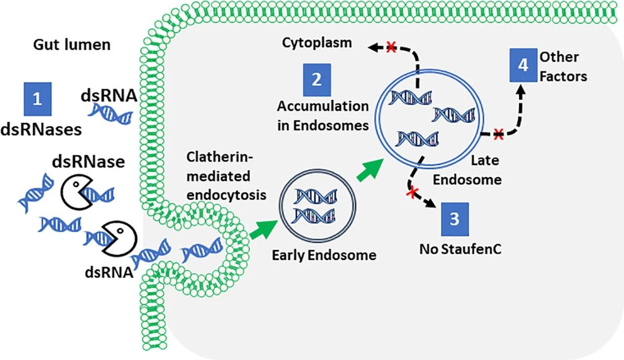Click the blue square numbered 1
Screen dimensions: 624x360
click(x=38, y=99)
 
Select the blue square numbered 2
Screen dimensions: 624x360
click(x=317, y=80)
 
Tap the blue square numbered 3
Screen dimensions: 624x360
click(x=455, y=220)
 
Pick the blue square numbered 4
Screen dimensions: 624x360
click(x=524, y=65)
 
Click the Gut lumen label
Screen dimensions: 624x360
click(x=72, y=44)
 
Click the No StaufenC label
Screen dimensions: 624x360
click(x=460, y=249)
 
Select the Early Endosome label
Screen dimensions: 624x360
click(x=324, y=255)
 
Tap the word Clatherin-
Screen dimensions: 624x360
click(x=219, y=157)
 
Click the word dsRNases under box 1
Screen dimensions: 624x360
click(x=41, y=130)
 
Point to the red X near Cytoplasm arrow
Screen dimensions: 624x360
click(x=391, y=47)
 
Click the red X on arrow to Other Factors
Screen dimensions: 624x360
click(x=498, y=134)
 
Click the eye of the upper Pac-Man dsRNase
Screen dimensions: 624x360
click(x=76, y=184)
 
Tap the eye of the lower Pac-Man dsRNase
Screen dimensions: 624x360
click(x=120, y=231)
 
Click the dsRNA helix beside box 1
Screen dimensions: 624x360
click(x=110, y=113)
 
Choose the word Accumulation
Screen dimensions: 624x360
click(x=323, y=106)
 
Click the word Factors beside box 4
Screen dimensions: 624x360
click(x=563, y=77)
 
